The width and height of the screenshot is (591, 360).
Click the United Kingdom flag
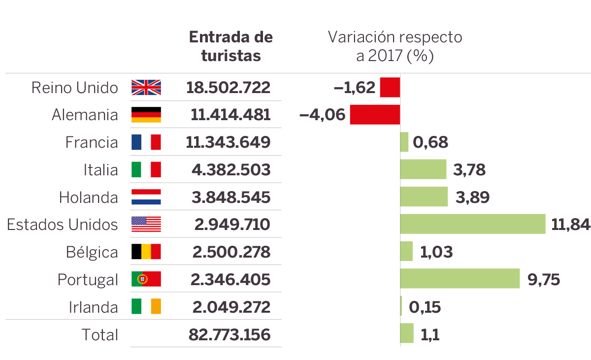146,88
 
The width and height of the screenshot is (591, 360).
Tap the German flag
146,115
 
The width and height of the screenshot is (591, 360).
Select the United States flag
146,225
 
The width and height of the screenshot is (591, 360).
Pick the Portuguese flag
146,279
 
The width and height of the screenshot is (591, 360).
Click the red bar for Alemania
375,115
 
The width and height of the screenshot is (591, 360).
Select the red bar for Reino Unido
390,88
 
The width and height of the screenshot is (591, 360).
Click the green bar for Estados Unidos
472,224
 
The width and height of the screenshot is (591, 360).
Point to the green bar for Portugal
460,279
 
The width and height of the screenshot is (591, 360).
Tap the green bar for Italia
423,169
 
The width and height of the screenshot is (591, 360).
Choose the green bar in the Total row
406,333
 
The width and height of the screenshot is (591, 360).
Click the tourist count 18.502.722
229,88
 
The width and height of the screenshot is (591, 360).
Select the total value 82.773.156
230,335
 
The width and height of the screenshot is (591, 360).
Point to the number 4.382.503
231,170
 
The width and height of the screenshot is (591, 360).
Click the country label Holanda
89,197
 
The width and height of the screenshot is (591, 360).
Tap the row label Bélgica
92,253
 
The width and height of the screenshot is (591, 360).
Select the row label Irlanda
94,307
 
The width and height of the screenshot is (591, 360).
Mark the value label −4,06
323,115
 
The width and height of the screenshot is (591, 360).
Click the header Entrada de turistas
231,46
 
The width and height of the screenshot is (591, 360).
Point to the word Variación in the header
361,37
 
